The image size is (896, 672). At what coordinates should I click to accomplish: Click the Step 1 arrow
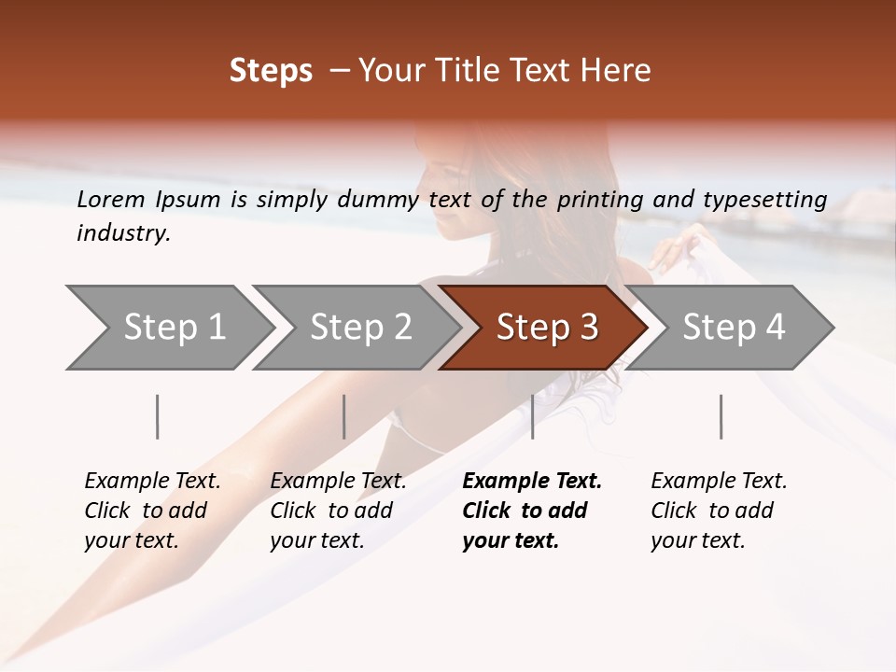[174, 328]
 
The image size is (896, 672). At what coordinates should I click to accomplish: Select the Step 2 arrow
[360, 328]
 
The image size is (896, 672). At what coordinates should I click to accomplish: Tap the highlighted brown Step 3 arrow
[547, 328]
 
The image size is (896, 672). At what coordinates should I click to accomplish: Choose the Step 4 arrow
[734, 328]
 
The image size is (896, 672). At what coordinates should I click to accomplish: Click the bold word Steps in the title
[271, 71]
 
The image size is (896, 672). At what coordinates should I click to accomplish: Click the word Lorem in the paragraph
[110, 199]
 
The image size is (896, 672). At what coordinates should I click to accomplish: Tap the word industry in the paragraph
[123, 233]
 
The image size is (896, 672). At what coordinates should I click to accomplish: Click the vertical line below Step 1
[157, 416]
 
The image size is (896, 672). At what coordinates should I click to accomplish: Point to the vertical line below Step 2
[343, 416]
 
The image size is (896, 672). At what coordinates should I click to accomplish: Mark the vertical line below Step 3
[532, 416]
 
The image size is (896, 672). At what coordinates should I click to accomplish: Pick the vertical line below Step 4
[721, 416]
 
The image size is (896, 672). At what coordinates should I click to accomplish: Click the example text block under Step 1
[152, 511]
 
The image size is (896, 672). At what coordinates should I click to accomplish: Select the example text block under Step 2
[338, 511]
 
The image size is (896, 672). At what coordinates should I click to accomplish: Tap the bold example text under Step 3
[532, 511]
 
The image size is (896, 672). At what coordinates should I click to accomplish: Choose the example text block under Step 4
[719, 511]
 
